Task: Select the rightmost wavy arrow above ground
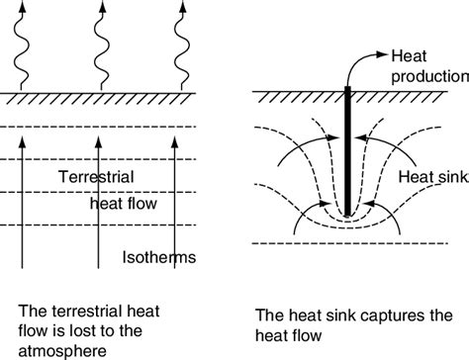184,45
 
